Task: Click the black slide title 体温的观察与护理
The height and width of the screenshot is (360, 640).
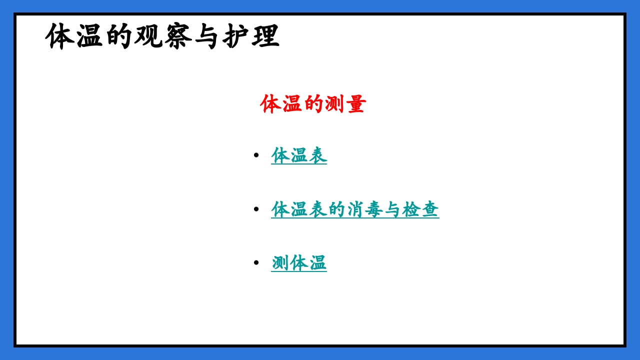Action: tap(162, 36)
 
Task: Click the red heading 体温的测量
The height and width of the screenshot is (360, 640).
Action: tap(313, 104)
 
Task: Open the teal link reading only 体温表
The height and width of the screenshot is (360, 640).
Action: tap(299, 155)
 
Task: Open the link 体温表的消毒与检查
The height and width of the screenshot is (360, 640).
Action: tap(355, 209)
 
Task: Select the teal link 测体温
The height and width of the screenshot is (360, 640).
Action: tap(299, 262)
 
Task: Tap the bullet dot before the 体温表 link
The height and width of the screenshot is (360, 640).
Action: tap(256, 155)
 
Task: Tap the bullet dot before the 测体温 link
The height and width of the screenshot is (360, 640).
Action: tap(256, 262)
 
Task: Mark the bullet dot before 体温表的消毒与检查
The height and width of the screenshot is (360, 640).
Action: tap(256, 209)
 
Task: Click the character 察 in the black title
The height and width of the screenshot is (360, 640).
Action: tap(177, 36)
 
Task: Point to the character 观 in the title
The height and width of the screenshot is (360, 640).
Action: tap(148, 36)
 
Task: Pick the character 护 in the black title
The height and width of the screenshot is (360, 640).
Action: tap(236, 36)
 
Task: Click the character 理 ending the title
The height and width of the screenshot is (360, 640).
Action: tap(265, 36)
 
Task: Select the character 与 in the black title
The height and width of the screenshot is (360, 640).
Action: tap(206, 36)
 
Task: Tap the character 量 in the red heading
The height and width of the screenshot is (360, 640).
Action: tap(355, 104)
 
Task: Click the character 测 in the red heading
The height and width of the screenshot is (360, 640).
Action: tap(334, 104)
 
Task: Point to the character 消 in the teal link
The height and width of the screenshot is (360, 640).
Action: tap(355, 209)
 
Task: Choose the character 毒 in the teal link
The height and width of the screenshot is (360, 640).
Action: tap(374, 209)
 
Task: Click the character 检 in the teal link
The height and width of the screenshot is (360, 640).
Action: tap(411, 209)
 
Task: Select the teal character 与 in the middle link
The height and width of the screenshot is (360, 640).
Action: tap(392, 209)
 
